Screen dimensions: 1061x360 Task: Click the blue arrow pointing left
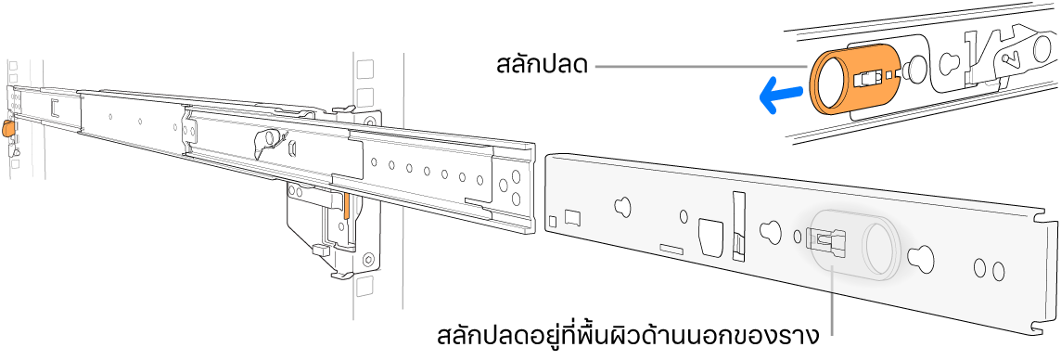[x=778, y=94]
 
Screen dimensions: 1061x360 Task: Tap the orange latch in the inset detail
[x=852, y=81]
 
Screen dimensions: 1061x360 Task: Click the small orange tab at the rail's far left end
[x=8, y=129]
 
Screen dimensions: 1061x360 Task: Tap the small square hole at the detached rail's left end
[x=554, y=221]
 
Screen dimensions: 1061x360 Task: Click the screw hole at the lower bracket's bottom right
[x=369, y=259]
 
